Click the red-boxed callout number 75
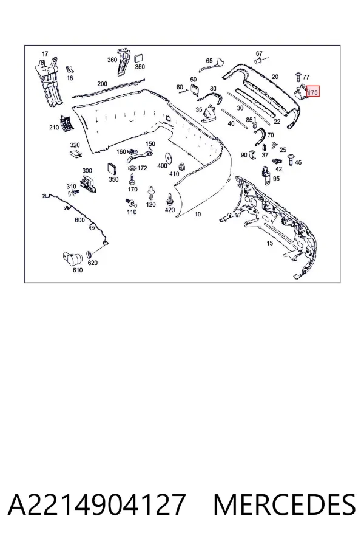coord(314,92)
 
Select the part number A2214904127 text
coord(96,505)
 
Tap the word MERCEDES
coord(285,505)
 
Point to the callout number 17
coord(45,53)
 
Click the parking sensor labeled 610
coord(72,258)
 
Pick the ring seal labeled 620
coord(89,253)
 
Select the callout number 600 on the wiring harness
coord(79,220)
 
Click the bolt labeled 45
coord(290,159)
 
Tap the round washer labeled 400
coord(169,158)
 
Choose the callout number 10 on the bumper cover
coord(198,214)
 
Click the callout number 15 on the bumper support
coord(269,243)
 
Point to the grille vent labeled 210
coord(67,123)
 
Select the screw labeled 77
coord(298,77)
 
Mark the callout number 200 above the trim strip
coord(102,84)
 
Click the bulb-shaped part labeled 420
coord(170,199)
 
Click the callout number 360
coord(112,60)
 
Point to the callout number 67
coord(259,53)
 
